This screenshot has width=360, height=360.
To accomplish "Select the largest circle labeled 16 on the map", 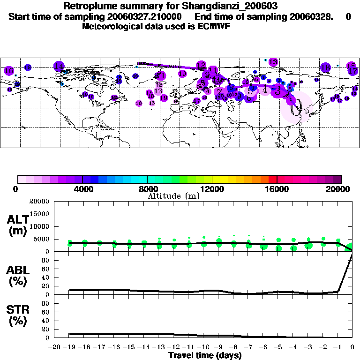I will [9, 71].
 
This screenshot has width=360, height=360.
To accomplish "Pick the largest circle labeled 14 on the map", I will [59, 67].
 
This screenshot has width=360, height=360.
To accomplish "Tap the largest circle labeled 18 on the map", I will [326, 68].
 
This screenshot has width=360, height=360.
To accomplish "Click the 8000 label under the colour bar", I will [147, 189].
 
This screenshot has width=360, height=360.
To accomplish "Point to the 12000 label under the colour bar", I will [212, 189].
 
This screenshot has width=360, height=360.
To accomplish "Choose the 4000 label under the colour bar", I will [82, 189].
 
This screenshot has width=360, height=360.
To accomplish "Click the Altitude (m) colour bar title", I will [173, 196].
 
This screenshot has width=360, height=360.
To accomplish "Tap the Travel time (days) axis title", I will [205, 355].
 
